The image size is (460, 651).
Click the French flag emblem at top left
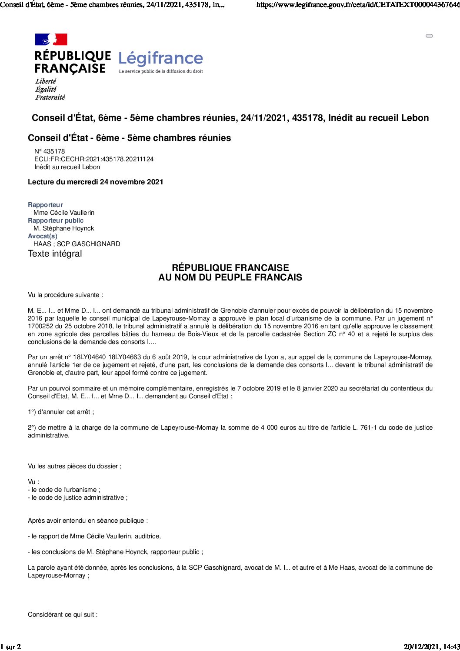click(x=51, y=40)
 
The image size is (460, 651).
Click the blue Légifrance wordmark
click(x=160, y=59)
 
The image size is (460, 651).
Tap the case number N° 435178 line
click(x=50, y=151)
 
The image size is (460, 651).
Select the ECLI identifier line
click(x=94, y=159)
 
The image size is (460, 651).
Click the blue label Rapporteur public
click(x=56, y=220)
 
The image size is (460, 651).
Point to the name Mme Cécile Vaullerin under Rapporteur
click(x=64, y=213)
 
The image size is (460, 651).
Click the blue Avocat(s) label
click(x=43, y=236)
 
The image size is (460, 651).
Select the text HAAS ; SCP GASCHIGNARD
click(x=77, y=244)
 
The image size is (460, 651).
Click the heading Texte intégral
click(x=55, y=254)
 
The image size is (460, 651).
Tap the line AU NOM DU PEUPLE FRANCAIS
click(x=230, y=277)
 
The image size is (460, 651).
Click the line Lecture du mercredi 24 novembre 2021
click(x=96, y=182)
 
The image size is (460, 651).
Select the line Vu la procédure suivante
click(x=66, y=295)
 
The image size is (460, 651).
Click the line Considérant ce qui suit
click(x=63, y=614)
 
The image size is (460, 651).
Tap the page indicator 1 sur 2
click(x=11, y=647)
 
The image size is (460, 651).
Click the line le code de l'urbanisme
click(x=64, y=490)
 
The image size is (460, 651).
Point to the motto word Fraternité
click(x=50, y=97)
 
